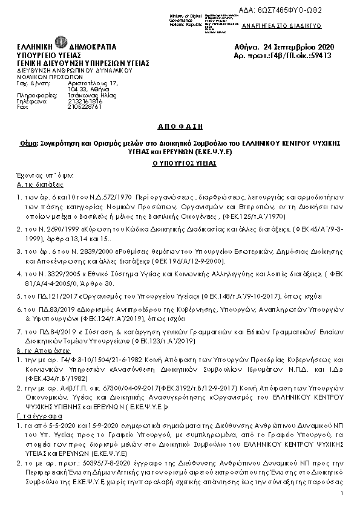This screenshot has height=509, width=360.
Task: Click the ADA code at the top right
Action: [x=314, y=11]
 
